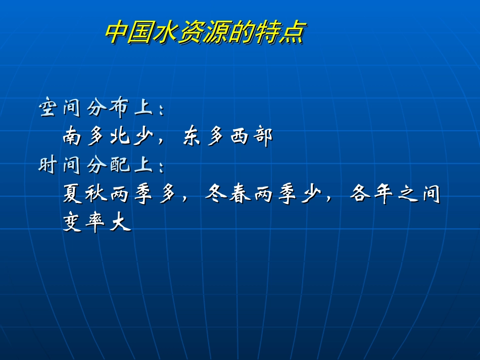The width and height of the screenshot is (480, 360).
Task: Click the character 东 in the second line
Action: click(x=191, y=137)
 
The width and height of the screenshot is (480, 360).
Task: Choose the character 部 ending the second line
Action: click(x=262, y=137)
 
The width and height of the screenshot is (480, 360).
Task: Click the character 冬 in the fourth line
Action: click(x=216, y=194)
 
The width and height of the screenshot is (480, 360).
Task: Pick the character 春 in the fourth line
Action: click(x=239, y=194)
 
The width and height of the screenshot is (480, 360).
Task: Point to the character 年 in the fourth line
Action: click(x=383, y=194)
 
